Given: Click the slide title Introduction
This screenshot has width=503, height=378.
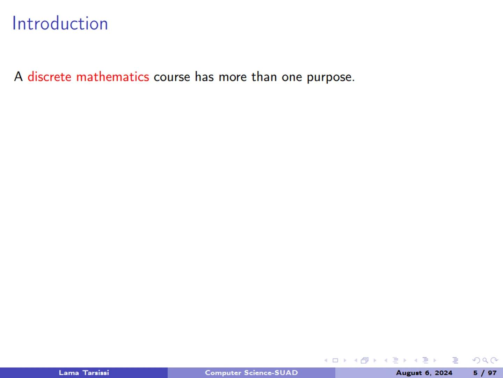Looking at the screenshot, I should click(60, 23).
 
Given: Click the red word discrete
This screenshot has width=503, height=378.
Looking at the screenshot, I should click(49, 77).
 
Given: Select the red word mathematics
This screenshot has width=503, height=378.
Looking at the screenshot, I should click(112, 77).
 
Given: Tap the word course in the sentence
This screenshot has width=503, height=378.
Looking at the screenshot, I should click(172, 77).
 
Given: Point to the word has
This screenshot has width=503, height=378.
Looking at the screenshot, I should click(204, 77).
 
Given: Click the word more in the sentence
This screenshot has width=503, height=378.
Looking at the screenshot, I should click(233, 77).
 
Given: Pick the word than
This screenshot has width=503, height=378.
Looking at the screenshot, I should click(264, 77).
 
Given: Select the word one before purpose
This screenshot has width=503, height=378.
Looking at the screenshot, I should click(292, 77).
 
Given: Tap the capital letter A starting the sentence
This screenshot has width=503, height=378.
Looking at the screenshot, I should click(19, 76).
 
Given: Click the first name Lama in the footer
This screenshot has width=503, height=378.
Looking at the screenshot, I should click(68, 373).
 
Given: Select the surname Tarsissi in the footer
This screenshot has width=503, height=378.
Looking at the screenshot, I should click(96, 373).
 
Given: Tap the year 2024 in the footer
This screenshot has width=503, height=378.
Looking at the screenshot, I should click(443, 373).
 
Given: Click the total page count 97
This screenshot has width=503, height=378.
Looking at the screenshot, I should click(492, 373).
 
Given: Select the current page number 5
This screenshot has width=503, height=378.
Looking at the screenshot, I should click(475, 373).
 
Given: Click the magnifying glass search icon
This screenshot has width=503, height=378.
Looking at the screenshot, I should click(485, 360).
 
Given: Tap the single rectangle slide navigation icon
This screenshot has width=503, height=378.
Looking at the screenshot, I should click(335, 360).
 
